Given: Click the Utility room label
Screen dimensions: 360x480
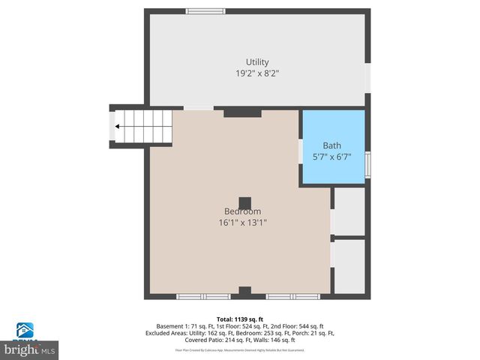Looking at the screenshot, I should [257, 62].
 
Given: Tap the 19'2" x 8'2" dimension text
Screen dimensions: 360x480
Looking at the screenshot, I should [257, 73].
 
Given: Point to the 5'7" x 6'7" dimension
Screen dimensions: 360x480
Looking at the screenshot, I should [331, 157].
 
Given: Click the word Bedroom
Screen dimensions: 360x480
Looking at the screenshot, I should [242, 211].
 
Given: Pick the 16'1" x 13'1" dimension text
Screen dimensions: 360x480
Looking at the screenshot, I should [242, 222].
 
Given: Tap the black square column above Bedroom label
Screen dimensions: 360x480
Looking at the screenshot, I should [244, 202].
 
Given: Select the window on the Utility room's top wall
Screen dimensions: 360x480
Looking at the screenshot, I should [205, 11].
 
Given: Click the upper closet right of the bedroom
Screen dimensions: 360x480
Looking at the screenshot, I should [349, 211].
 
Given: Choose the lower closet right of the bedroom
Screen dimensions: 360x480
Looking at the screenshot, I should [349, 266].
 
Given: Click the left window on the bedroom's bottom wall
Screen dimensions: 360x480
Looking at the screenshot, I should [203, 296].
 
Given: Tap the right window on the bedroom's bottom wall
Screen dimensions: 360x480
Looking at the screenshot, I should [293, 296].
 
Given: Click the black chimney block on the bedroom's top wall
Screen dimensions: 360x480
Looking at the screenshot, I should [242, 112].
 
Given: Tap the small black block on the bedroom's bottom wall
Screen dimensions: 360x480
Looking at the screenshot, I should [244, 291].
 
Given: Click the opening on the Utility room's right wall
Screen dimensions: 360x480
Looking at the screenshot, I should [367, 78].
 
